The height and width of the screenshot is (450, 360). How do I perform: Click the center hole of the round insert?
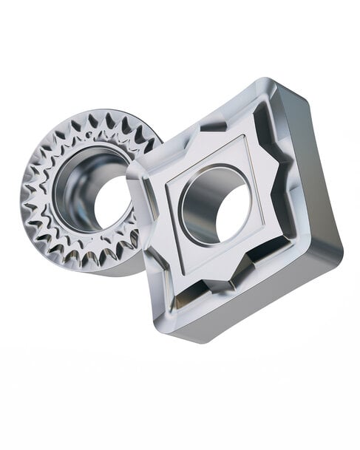pos(109,201)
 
